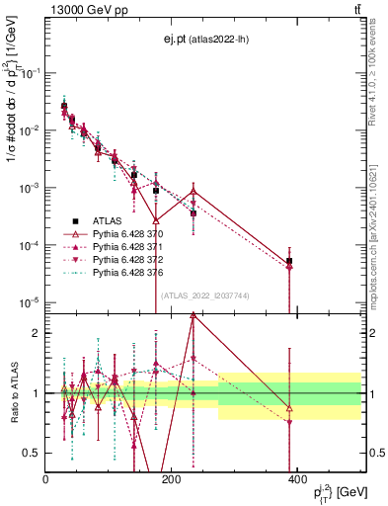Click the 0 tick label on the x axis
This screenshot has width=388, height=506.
(x=45, y=479)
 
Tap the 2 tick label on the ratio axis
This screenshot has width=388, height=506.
(x=37, y=333)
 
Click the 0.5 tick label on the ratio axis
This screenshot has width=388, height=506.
(x=33, y=454)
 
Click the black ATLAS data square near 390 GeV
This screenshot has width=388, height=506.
(x=289, y=261)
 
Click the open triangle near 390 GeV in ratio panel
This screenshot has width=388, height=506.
(x=289, y=407)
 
